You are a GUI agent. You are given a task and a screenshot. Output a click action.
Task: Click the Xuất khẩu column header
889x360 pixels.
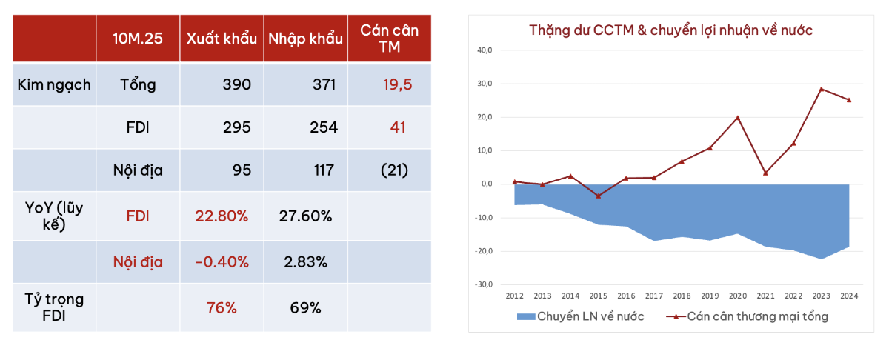[222, 39]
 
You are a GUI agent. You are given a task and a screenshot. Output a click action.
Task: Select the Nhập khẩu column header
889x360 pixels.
[306, 39]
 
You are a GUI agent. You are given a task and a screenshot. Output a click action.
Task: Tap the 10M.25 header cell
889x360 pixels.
[138, 39]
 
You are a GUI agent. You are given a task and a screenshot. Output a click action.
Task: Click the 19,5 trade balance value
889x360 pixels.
[390, 84]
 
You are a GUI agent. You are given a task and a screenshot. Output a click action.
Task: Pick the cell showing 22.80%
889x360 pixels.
[222, 216]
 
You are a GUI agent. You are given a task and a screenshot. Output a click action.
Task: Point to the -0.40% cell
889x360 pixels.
[222, 262]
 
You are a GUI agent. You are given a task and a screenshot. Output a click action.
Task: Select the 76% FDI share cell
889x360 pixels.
[222, 307]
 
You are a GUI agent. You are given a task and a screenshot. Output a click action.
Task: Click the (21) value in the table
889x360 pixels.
[390, 170]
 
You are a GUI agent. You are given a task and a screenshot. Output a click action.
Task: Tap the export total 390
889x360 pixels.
[236, 84]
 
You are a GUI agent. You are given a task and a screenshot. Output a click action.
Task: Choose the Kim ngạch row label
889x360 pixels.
[54, 84]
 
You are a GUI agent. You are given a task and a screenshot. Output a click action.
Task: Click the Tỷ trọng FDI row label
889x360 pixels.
[54, 307]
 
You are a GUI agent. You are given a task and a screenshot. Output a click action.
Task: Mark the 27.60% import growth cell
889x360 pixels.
[306, 216]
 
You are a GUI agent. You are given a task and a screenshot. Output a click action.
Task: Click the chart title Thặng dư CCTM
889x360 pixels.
[670, 30]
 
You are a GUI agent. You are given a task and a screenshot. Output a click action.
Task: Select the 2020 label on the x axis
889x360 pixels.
[737, 296]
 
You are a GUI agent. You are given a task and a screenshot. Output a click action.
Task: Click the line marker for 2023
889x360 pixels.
[821, 89]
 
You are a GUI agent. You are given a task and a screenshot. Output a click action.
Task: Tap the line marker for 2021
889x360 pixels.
[765, 173]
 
